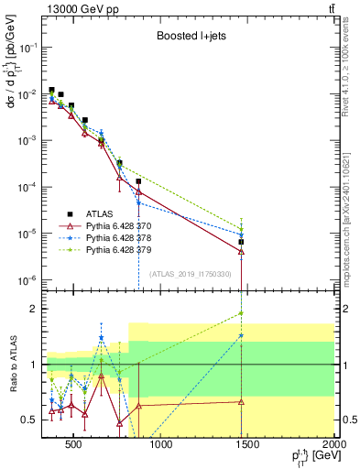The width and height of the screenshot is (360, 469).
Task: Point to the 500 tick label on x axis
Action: click(72, 446)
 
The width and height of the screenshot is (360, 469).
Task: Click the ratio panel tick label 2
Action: click(35, 309)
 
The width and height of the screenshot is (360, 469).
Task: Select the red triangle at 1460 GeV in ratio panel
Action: click(241, 401)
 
